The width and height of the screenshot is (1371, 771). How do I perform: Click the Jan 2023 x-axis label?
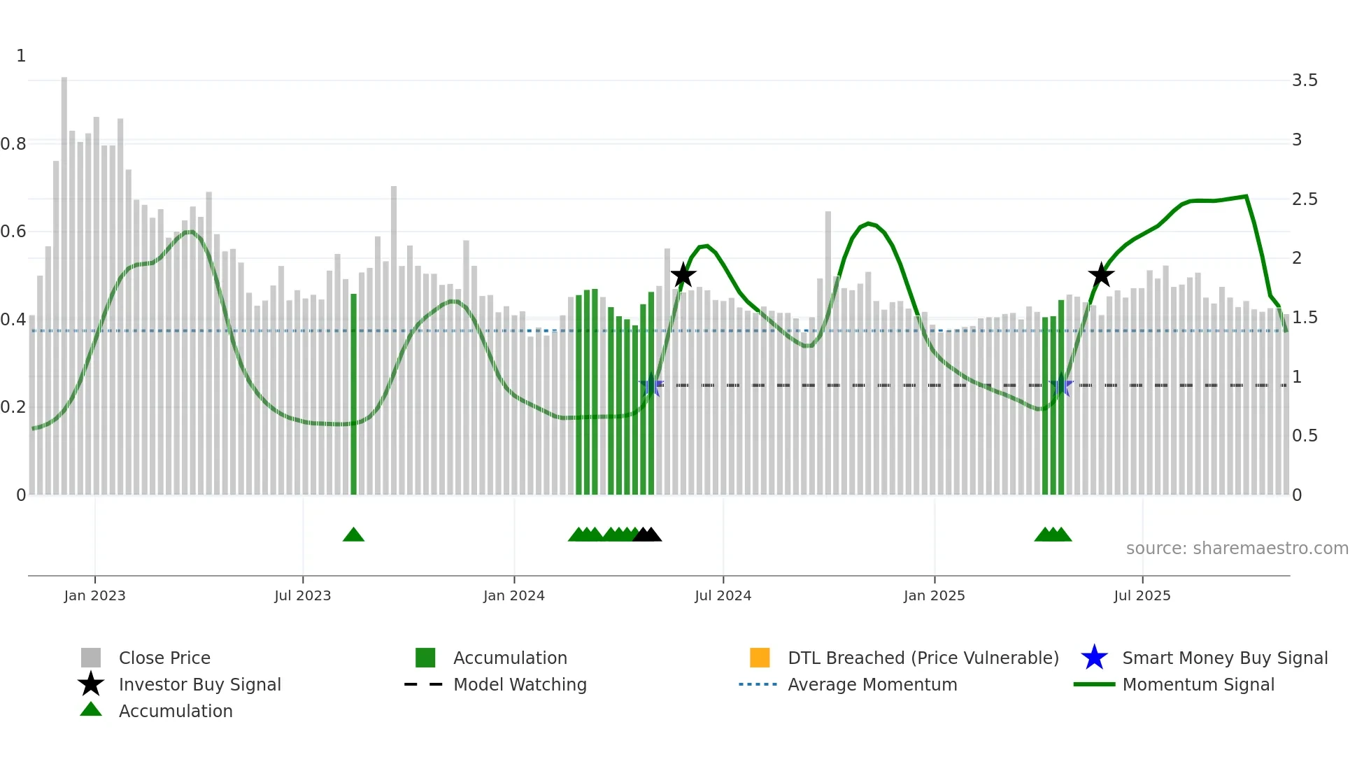click(94, 595)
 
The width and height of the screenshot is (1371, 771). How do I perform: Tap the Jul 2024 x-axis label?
click(723, 595)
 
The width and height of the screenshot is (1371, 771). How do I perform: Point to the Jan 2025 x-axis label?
click(934, 595)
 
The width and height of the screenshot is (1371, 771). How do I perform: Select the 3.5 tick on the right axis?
click(1305, 80)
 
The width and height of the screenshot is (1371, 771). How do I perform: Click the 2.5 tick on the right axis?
click(1305, 199)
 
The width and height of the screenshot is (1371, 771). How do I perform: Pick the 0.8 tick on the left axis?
click(13, 144)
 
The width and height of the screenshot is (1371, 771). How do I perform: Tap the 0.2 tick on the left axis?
click(13, 407)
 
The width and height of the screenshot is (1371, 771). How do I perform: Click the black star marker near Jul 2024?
click(683, 275)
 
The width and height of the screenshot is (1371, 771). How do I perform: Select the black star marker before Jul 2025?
click(1101, 275)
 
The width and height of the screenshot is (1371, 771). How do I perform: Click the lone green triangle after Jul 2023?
click(353, 535)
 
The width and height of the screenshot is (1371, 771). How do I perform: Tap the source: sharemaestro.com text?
click(1237, 549)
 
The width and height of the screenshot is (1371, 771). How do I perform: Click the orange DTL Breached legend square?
click(760, 658)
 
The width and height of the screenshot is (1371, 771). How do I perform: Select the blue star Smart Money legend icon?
click(1094, 658)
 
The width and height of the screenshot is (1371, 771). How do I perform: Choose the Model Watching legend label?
click(520, 684)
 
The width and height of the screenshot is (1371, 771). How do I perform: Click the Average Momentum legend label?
click(872, 684)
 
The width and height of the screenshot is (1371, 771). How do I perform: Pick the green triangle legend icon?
click(91, 709)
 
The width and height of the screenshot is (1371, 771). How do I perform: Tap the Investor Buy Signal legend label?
click(200, 684)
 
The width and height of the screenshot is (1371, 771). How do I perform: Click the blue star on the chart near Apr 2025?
click(1061, 385)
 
